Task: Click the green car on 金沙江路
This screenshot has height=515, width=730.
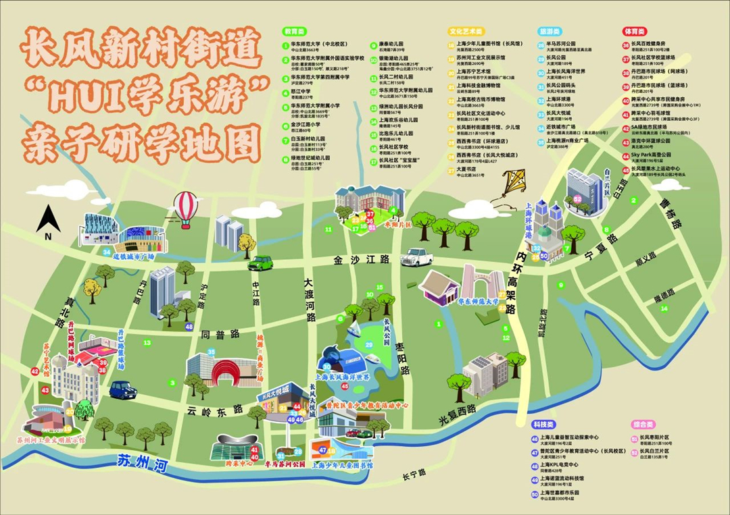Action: (261, 263)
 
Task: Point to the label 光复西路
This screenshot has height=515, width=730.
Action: (457, 414)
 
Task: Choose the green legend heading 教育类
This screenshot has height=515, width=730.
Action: (294, 31)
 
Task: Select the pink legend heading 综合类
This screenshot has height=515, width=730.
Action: (643, 425)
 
